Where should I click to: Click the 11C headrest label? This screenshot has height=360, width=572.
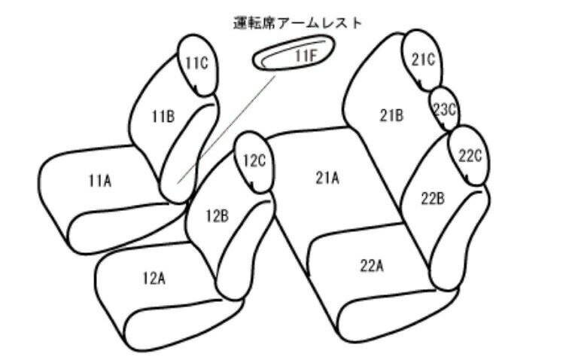(x=196, y=63)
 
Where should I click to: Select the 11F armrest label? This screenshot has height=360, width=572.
(x=306, y=56)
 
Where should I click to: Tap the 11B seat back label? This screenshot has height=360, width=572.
(x=163, y=117)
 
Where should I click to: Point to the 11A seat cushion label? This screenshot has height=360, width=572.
(x=100, y=181)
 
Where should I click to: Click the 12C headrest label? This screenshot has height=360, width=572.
(x=254, y=161)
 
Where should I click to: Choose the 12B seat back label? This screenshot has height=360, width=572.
(x=218, y=216)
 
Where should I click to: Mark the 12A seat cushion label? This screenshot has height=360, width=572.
(x=154, y=279)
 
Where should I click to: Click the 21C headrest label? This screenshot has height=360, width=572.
(x=424, y=59)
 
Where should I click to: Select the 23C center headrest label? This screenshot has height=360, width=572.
(x=445, y=109)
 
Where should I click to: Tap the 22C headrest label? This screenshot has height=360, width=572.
(x=470, y=156)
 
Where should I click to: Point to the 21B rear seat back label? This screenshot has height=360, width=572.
(x=392, y=115)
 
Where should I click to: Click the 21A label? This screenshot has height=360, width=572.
(x=327, y=178)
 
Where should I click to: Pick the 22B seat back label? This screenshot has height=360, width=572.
(x=433, y=198)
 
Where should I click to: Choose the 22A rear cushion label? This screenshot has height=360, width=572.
(x=372, y=266)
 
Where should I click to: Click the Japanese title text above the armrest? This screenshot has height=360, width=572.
(x=297, y=23)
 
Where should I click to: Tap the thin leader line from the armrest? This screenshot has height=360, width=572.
(x=227, y=130)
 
